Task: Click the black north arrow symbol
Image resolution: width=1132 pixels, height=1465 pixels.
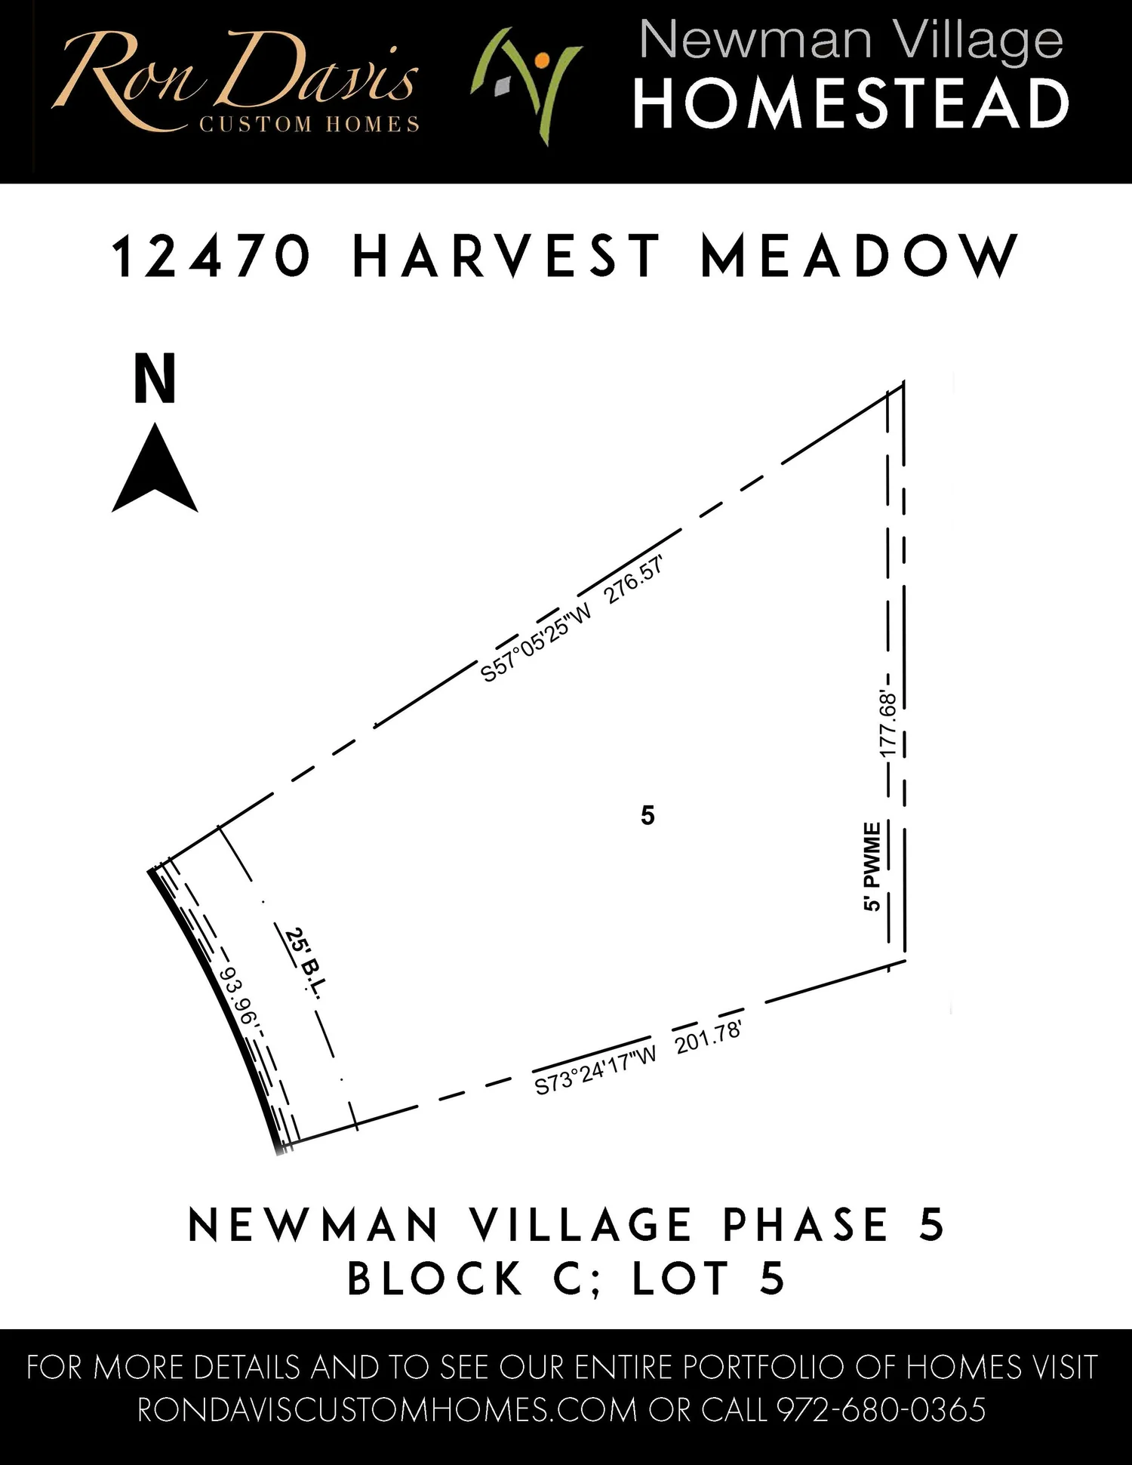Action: click(x=155, y=472)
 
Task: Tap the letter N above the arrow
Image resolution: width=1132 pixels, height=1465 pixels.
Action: click(x=155, y=379)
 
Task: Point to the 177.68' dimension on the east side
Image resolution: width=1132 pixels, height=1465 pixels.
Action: click(x=888, y=725)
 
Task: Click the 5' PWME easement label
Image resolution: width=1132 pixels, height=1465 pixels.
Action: click(x=872, y=866)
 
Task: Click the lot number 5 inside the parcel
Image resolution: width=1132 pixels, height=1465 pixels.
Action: click(x=648, y=816)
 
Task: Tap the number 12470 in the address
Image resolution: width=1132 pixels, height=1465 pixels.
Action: click(x=211, y=257)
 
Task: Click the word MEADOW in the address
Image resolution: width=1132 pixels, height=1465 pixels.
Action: click(x=860, y=257)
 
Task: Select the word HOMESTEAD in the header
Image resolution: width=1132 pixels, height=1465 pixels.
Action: click(x=851, y=104)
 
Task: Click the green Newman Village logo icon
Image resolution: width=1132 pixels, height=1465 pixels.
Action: click(x=525, y=85)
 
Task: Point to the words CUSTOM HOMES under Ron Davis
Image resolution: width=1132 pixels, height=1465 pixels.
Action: click(x=309, y=125)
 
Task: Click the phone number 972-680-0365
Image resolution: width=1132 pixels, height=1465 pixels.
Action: click(x=881, y=1410)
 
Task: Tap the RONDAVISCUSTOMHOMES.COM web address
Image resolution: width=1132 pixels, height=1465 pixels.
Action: click(x=387, y=1410)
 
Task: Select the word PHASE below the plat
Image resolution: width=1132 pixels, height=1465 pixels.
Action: click(x=805, y=1224)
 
